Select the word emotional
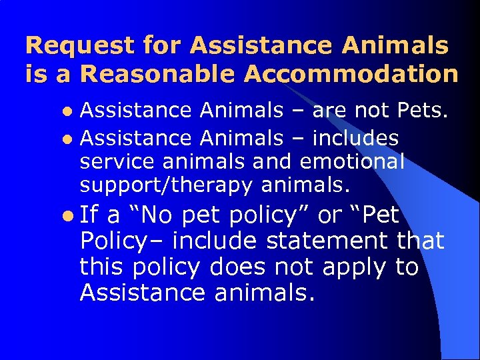pyautogui.click(x=352, y=161)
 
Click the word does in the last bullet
pyautogui.click(x=237, y=267)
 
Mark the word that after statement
pyautogui.click(x=421, y=240)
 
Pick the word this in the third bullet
pyautogui.click(x=102, y=267)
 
